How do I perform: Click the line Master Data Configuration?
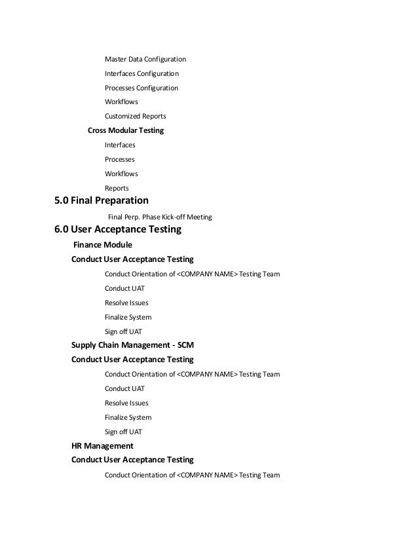pyautogui.click(x=145, y=59)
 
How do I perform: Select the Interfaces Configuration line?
pyautogui.click(x=142, y=73)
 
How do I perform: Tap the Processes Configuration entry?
pyautogui.click(x=141, y=88)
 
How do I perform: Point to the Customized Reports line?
pyautogui.click(x=135, y=117)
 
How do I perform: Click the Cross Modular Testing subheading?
pyautogui.click(x=125, y=130)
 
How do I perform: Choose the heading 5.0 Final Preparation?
pyautogui.click(x=101, y=200)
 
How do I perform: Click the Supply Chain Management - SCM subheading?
pyautogui.click(x=132, y=345)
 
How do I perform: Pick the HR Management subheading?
pyautogui.click(x=102, y=446)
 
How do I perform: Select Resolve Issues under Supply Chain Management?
pyautogui.click(x=126, y=403)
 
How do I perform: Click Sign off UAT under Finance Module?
pyautogui.click(x=123, y=331)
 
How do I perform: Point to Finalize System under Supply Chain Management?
pyautogui.click(x=128, y=417)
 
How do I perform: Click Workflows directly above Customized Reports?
pyautogui.click(x=121, y=102)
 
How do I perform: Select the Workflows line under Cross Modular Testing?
pyautogui.click(x=121, y=174)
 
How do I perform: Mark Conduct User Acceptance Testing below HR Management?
pyautogui.click(x=132, y=460)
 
